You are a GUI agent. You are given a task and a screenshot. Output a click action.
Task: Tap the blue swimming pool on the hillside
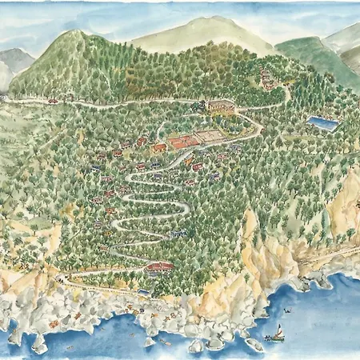[x=322, y=123]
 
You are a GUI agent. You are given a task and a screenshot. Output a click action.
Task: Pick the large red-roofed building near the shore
[x=159, y=267]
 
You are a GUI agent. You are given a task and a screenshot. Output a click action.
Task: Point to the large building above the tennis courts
[x=222, y=105]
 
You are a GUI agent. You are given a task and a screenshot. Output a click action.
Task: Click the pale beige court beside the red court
[x=209, y=136]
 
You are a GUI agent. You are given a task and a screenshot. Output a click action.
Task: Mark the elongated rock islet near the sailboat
[x=254, y=344]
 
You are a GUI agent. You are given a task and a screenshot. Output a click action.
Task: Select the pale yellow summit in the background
[x=200, y=32]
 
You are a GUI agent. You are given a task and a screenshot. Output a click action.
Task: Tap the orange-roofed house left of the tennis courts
[x=159, y=148]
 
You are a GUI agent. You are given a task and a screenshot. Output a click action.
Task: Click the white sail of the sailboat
[x=279, y=330]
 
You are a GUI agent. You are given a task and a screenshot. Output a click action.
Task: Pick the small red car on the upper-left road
[x=53, y=101]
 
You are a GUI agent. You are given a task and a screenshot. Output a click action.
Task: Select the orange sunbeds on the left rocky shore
[x=54, y=323]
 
